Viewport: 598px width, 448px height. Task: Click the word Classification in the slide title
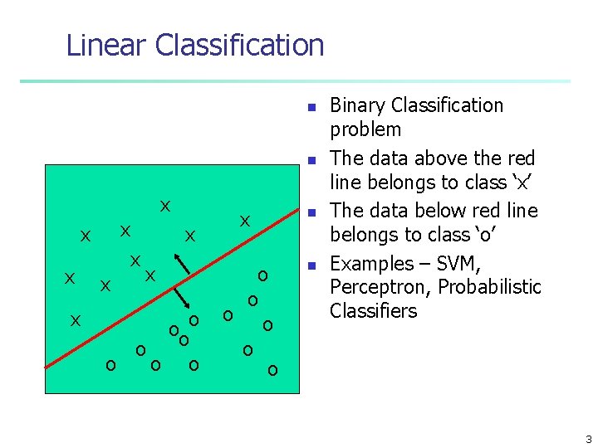(240, 45)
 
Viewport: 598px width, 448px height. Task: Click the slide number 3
(588, 440)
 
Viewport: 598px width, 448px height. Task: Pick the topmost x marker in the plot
(165, 206)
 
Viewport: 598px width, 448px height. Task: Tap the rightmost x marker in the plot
(245, 222)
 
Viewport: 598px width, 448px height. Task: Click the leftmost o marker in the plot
(110, 364)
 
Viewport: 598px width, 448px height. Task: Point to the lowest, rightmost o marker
(272, 369)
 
